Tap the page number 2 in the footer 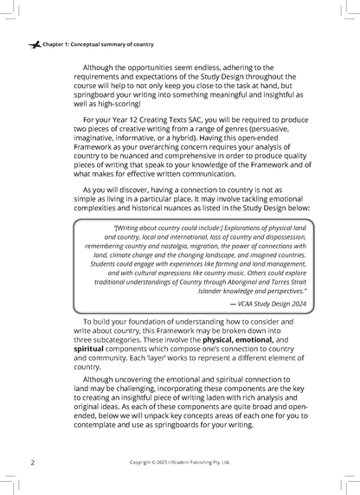tap(32, 463)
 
